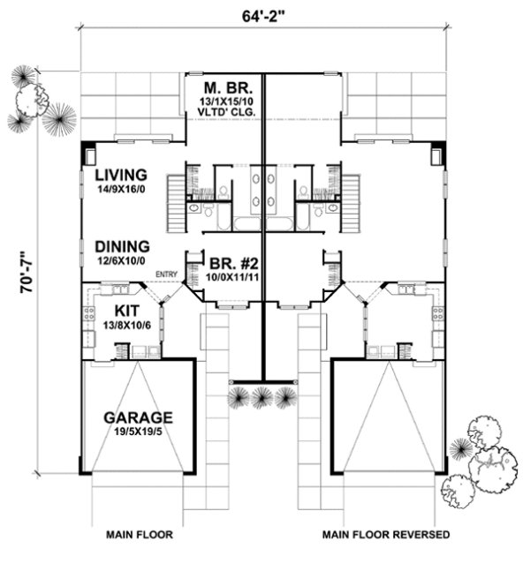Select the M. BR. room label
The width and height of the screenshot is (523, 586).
pyautogui.click(x=224, y=88)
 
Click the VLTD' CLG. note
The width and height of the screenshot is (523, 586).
pyautogui.click(x=224, y=113)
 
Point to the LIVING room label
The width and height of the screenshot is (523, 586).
pyautogui.click(x=121, y=175)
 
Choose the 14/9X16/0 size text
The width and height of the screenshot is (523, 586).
pyautogui.click(x=122, y=189)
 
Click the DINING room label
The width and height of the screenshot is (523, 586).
pyautogui.click(x=122, y=247)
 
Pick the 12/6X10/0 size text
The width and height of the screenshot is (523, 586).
pyautogui.click(x=122, y=261)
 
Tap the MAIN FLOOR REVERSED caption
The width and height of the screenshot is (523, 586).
pyautogui.click(x=386, y=535)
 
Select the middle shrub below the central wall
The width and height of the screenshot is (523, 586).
pyautogui.click(x=261, y=398)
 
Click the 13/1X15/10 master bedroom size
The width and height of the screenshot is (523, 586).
pyautogui.click(x=224, y=101)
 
